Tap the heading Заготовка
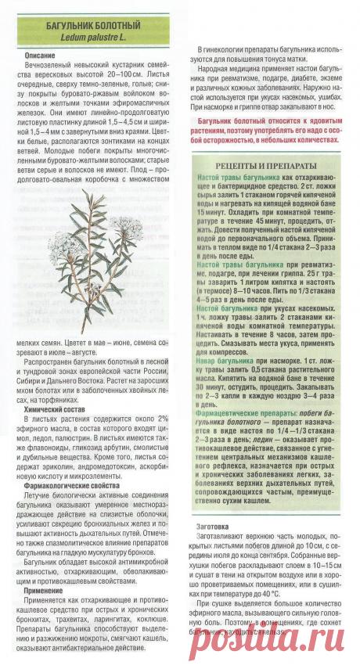pos(214,505)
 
